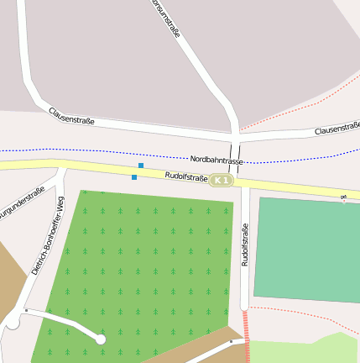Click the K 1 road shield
(221, 181)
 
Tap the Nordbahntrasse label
(217, 160)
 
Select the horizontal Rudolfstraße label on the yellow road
(185, 176)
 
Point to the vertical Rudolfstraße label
(245, 245)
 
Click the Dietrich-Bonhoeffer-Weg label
(48, 236)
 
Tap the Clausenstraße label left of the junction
(71, 116)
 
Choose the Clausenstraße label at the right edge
(337, 129)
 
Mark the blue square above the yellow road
(141, 166)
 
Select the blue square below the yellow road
(134, 177)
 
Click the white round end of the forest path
(101, 339)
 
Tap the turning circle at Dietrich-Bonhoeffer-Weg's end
(13, 321)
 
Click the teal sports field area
(306, 249)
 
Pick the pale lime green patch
(302, 350)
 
